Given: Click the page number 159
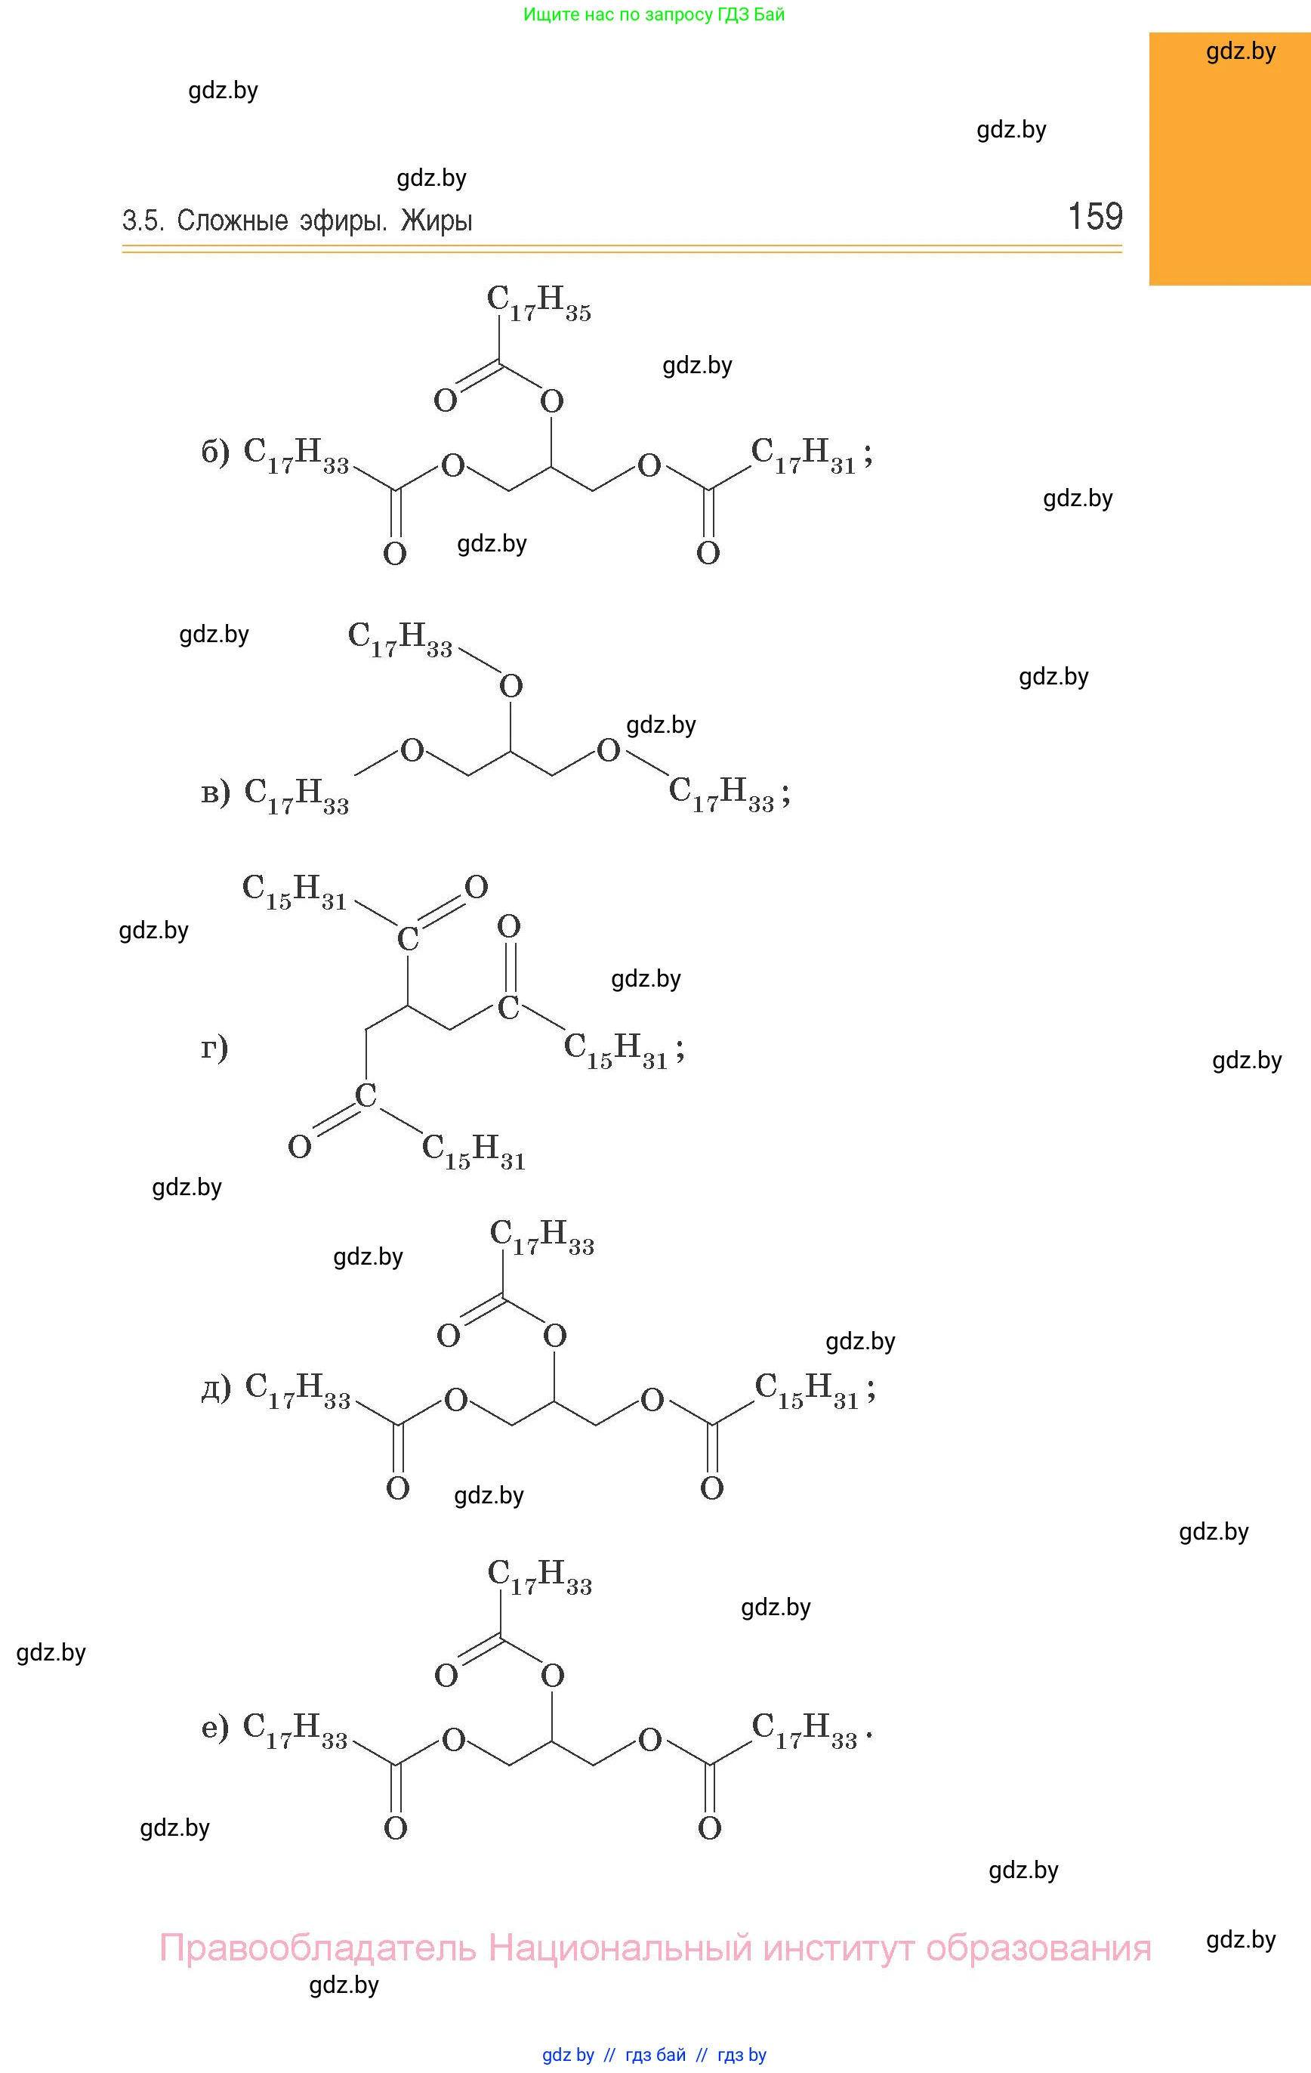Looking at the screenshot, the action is [1095, 216].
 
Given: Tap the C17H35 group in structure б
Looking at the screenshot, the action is [539, 304].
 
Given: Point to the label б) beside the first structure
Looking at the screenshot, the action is [215, 453].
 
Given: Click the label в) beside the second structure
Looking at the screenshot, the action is [215, 792].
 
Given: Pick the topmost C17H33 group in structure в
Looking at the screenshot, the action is [400, 640].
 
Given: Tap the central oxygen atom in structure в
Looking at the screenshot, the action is [511, 686].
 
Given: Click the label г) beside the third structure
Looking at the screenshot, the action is [214, 1048].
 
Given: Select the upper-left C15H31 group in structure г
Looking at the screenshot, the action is [295, 892].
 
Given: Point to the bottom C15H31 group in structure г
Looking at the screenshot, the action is [474, 1152].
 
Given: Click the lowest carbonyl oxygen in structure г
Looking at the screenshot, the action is [300, 1147].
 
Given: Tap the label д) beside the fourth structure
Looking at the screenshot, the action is [216, 1388].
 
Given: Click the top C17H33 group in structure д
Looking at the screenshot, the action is [542, 1237].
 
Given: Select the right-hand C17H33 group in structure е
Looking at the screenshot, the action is [805, 1730].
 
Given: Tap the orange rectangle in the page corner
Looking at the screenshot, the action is [1230, 159].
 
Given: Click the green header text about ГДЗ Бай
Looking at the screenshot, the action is [654, 14].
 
